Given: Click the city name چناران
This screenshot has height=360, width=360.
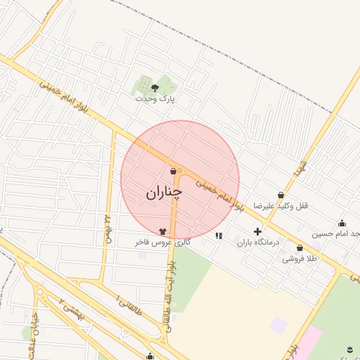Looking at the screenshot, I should coord(165,192).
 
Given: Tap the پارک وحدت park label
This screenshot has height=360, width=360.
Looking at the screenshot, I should coord(155,99).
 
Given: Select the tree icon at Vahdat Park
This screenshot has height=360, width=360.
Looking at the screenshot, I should coord(155,88).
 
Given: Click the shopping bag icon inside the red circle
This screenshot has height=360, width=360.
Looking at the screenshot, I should coord(173,171).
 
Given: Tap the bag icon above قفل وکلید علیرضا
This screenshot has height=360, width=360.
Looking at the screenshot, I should coord(281,195).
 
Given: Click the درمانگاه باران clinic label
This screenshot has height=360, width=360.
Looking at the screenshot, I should coord(258,242).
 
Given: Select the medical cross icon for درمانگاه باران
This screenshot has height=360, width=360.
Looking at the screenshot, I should coord(257,231).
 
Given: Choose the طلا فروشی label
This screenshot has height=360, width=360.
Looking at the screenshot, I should coord(300,259).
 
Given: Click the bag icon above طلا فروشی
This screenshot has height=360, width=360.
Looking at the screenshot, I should coord(300,248).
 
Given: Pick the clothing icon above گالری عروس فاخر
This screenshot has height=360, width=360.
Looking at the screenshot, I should coord(163,231).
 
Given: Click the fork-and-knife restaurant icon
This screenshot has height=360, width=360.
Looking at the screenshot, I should coord(219,236).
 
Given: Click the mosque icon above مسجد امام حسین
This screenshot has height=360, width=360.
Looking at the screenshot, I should coord(342,224).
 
